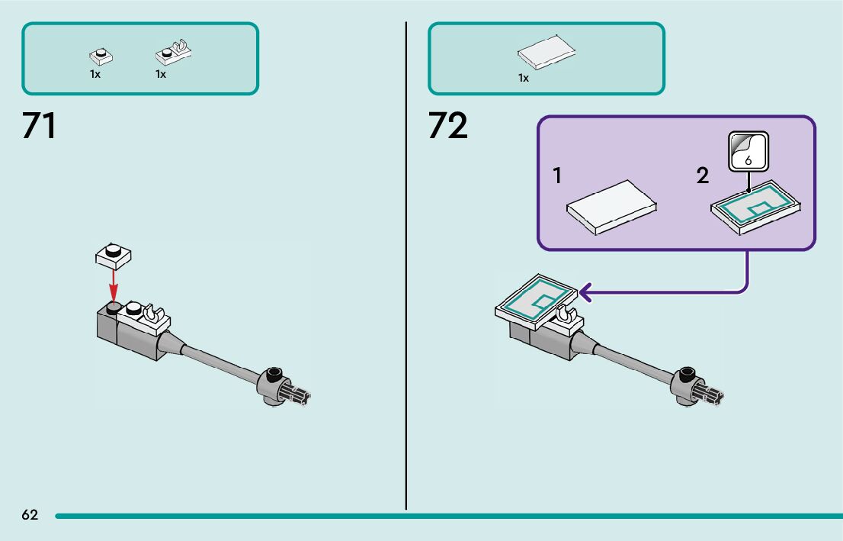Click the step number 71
(x=39, y=126)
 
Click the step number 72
(x=447, y=126)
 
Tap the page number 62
(x=30, y=515)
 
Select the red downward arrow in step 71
(x=114, y=286)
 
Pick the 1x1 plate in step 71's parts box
(x=99, y=55)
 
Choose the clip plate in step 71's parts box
(x=175, y=53)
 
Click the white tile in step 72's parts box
(x=546, y=51)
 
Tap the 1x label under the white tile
(x=524, y=78)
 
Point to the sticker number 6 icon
(x=748, y=152)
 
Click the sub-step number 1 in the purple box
(x=557, y=176)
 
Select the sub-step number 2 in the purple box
(x=702, y=176)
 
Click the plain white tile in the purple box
(x=611, y=207)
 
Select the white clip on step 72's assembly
(x=565, y=314)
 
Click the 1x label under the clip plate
(x=161, y=75)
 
